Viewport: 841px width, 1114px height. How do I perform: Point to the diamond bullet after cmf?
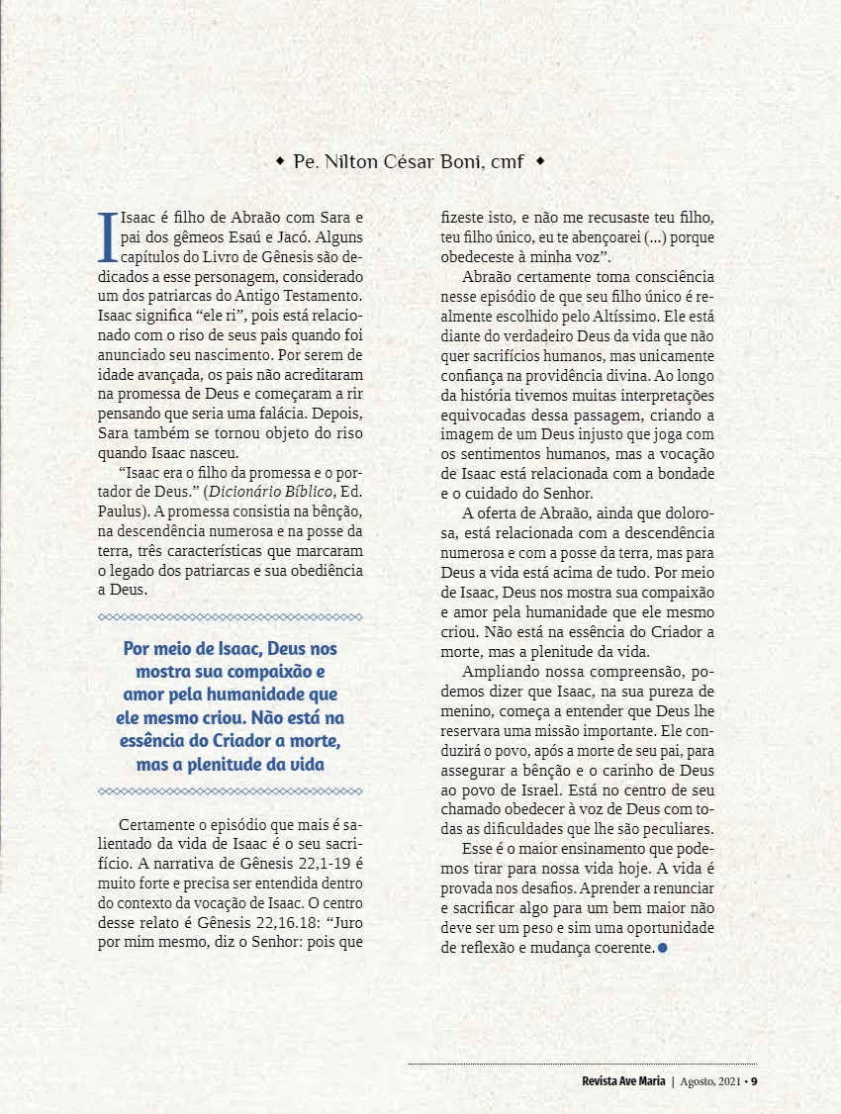(538, 160)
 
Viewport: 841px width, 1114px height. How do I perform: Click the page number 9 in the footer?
(754, 1079)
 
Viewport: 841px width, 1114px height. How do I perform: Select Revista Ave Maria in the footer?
(623, 1079)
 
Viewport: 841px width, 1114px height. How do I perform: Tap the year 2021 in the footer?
(727, 1079)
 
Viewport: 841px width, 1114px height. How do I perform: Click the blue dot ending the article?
(662, 948)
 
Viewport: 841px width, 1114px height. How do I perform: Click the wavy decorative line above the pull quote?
(231, 616)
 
